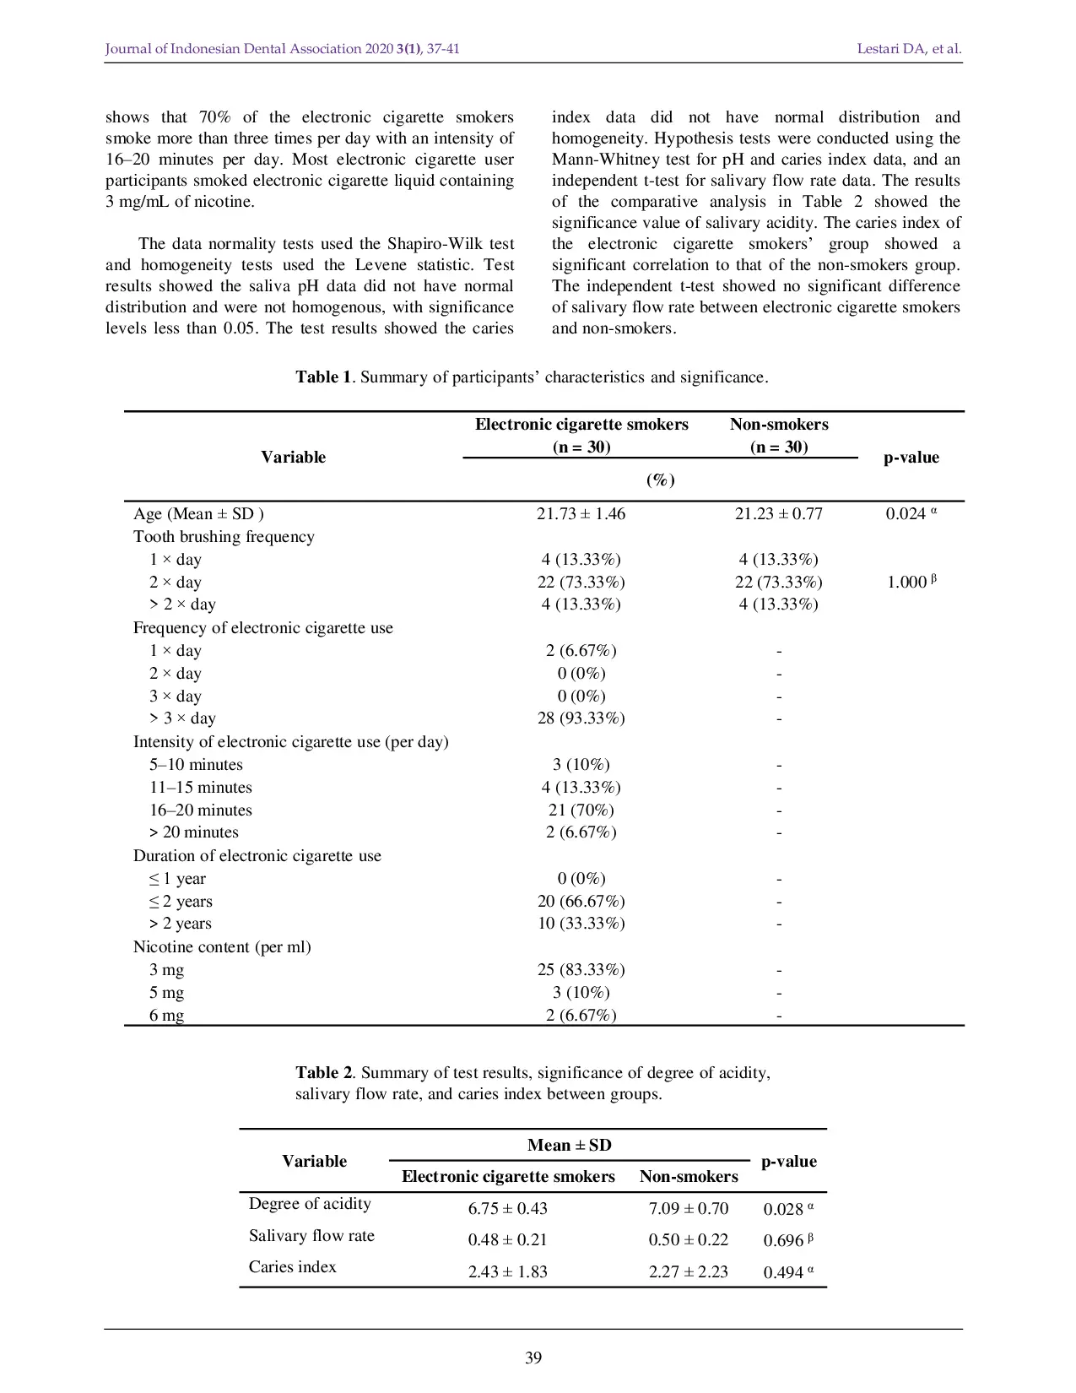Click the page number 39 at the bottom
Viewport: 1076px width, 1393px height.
pyautogui.click(x=533, y=1358)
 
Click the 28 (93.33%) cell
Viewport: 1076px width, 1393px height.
pyautogui.click(x=581, y=718)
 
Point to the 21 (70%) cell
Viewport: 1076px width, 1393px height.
pyautogui.click(x=581, y=810)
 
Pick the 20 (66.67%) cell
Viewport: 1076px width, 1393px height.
pyautogui.click(x=581, y=902)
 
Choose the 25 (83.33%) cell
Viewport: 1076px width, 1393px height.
pyautogui.click(x=581, y=970)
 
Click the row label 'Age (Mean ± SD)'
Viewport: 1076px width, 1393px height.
pyautogui.click(x=198, y=514)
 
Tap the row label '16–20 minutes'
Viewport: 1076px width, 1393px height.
pyautogui.click(x=201, y=810)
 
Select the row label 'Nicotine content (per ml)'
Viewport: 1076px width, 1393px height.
pyautogui.click(x=222, y=947)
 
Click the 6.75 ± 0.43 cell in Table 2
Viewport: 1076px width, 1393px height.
pyautogui.click(x=507, y=1209)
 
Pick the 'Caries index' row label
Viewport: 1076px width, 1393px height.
pyautogui.click(x=292, y=1267)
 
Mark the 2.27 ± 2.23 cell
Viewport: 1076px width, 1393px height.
pyautogui.click(x=688, y=1272)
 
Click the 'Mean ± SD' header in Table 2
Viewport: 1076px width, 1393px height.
pyautogui.click(x=569, y=1146)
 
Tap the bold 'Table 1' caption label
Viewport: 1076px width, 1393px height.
pyautogui.click(x=323, y=377)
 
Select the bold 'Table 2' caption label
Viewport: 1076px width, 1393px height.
pyautogui.click(x=323, y=1073)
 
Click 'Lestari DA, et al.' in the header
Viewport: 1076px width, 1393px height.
pyautogui.click(x=909, y=49)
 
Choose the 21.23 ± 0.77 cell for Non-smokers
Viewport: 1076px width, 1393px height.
pyautogui.click(x=778, y=514)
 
